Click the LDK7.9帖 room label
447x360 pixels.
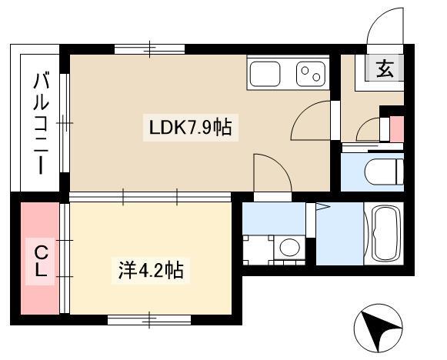pos(191,128)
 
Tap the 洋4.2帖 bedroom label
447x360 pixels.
pos(151,270)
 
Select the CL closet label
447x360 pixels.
pos(41,261)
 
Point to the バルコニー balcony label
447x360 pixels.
pos(41,123)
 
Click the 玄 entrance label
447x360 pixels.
pos(385,68)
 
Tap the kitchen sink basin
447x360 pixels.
pos(265,74)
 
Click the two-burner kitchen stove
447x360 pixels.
pos(311,74)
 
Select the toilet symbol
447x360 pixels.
pos(384,172)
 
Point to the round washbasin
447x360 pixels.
pos(289,247)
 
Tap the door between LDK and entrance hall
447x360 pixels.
pos(311,120)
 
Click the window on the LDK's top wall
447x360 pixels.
pos(150,49)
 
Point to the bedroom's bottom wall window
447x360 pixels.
pos(149,320)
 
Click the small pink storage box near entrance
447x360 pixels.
pos(396,128)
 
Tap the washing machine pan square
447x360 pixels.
pos(258,250)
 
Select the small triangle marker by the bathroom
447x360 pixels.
pos(322,207)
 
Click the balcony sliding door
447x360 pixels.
pos(65,123)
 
